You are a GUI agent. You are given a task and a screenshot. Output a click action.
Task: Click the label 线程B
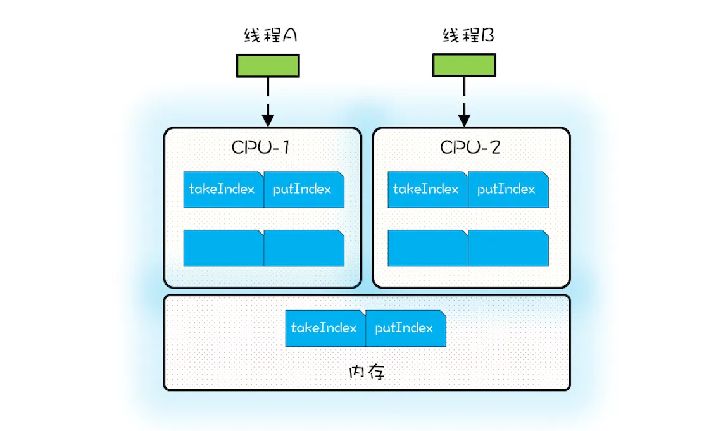468,36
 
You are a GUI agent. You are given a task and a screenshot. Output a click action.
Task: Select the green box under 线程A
268,65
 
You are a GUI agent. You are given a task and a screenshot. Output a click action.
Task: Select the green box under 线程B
464,65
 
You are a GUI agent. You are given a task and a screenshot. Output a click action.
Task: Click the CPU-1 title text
261,147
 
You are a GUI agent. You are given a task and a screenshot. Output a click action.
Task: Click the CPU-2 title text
470,147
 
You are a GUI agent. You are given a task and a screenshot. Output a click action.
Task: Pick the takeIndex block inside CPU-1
223,189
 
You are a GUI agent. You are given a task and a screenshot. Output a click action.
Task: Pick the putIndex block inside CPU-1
303,189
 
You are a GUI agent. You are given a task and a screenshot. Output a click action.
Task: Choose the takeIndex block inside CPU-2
427,189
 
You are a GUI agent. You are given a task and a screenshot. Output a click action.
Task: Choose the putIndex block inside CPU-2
508,189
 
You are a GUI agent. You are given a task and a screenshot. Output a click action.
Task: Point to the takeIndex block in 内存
325,328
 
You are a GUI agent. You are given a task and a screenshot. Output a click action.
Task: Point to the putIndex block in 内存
405,328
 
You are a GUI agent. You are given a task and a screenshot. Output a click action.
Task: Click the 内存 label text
367,371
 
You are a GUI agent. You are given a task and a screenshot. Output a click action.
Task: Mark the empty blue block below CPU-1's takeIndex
223,248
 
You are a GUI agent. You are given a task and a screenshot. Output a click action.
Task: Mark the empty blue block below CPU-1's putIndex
303,248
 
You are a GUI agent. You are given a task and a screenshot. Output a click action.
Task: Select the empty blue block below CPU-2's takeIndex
427,248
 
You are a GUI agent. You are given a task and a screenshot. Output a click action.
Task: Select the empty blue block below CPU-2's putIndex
508,248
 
